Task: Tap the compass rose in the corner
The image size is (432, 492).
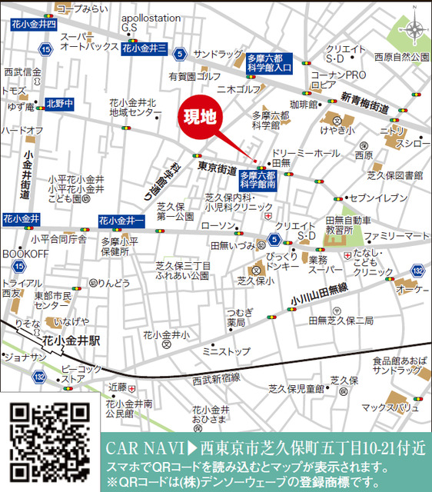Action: click(414, 30)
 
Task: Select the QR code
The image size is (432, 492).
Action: click(48, 444)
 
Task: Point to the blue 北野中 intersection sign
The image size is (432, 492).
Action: click(59, 102)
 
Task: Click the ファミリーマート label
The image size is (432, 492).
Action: click(397, 235)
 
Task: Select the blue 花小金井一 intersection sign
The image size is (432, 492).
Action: click(121, 221)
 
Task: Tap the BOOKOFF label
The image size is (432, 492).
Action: click(25, 253)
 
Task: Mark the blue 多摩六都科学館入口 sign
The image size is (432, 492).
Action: click(269, 62)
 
